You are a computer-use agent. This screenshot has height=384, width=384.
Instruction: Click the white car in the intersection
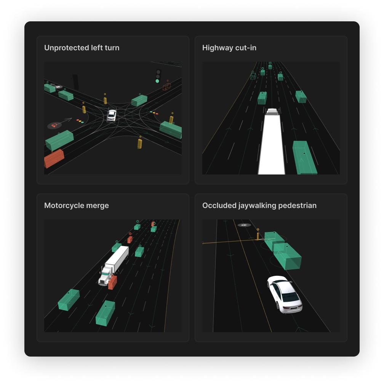point(111,115)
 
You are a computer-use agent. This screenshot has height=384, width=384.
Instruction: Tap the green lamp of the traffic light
point(157,81)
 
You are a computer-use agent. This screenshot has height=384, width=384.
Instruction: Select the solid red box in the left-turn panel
point(54,159)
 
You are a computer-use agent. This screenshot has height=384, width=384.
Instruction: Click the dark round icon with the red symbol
point(54,125)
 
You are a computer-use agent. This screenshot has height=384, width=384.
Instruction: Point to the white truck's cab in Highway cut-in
point(272,112)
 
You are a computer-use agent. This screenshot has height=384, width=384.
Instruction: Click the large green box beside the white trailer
point(305,157)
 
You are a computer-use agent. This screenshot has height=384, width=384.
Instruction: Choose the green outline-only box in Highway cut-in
point(253,76)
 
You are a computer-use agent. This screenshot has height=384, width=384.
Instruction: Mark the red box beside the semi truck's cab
point(112,282)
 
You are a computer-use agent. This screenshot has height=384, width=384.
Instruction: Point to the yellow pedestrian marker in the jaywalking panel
point(258,235)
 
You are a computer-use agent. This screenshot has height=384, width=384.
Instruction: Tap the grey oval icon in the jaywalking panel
point(244,225)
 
